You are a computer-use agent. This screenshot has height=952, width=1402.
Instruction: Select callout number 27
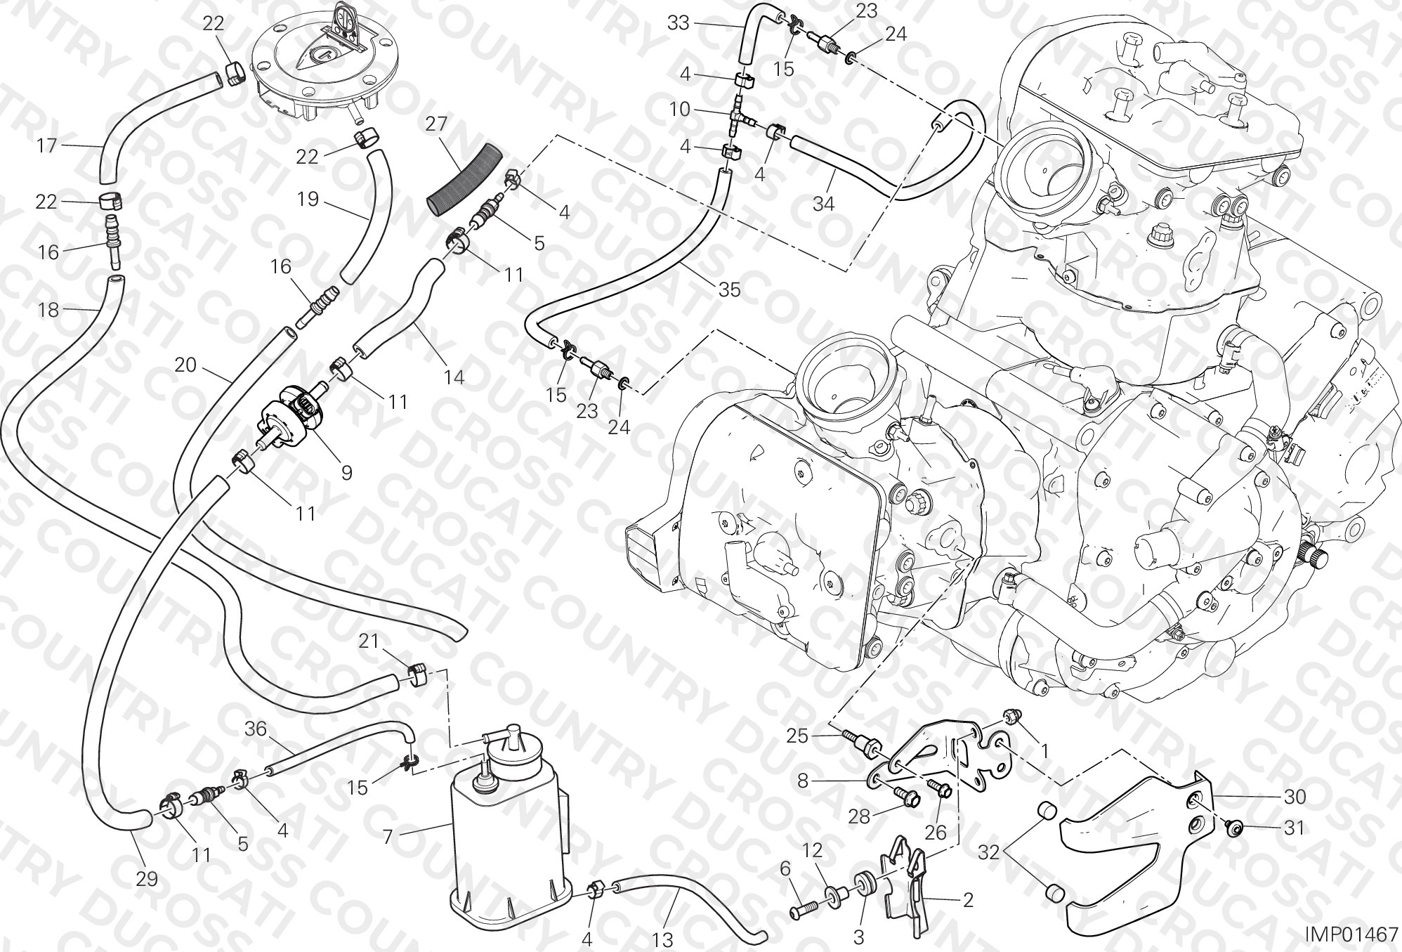[x=436, y=124]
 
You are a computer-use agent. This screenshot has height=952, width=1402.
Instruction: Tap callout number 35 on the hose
[x=730, y=289]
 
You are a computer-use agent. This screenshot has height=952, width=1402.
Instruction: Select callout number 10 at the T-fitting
[x=680, y=110]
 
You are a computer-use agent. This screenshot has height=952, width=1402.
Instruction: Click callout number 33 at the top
[x=679, y=23]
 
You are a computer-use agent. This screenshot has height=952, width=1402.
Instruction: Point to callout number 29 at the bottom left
[x=147, y=879]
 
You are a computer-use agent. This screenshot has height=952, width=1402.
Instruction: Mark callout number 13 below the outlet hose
[x=662, y=939]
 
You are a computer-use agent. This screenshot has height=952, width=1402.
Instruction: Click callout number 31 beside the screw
[x=1293, y=828]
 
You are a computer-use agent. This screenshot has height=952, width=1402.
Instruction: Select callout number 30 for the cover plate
[x=1295, y=797]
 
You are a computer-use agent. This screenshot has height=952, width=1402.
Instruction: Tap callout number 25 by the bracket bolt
[x=797, y=736]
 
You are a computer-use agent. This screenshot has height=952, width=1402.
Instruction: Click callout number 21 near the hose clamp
[x=369, y=641]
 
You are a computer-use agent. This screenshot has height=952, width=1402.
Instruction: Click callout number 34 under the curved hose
[x=823, y=204]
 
